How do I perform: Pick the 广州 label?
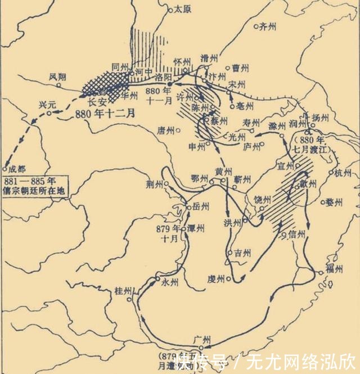[201, 339]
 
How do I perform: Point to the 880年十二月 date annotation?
[105, 112]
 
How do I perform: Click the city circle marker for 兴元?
[49, 113]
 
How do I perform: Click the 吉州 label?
[242, 253]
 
